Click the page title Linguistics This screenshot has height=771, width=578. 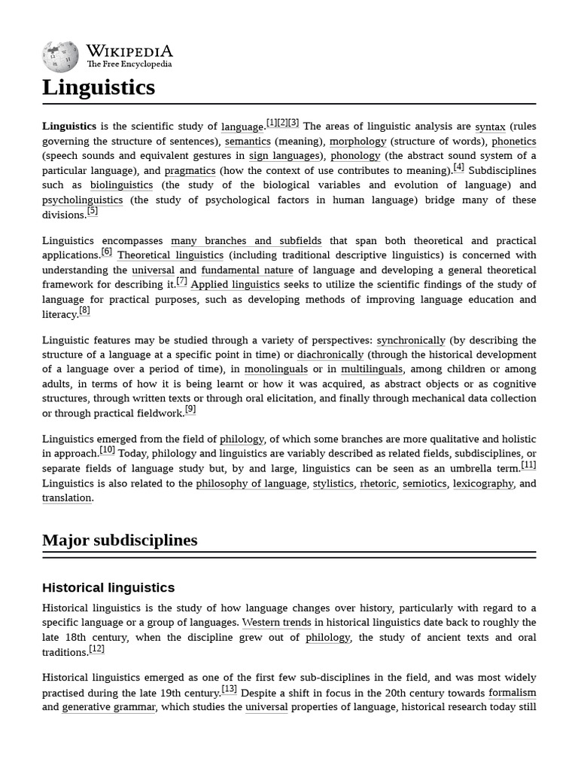[x=99, y=87]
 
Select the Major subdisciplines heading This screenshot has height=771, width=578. [x=120, y=541]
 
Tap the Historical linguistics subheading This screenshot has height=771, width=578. [x=108, y=587]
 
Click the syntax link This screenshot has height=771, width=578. [x=490, y=126]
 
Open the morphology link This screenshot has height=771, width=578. [x=357, y=142]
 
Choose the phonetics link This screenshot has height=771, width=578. [x=513, y=142]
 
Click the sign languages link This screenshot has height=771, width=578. [x=284, y=156]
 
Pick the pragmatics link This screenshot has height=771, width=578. [x=190, y=171]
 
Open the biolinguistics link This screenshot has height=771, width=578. [x=121, y=185]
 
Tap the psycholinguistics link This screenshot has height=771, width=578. [x=82, y=200]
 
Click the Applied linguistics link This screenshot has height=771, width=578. [x=235, y=285]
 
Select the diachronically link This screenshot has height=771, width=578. [x=330, y=355]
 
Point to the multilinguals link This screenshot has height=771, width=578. [x=372, y=369]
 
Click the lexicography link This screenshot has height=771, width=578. [x=482, y=483]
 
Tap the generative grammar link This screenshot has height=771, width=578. [x=108, y=707]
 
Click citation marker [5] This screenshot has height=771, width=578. [x=93, y=212]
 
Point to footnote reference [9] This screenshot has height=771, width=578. [x=190, y=410]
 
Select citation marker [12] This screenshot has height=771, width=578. [x=96, y=649]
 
